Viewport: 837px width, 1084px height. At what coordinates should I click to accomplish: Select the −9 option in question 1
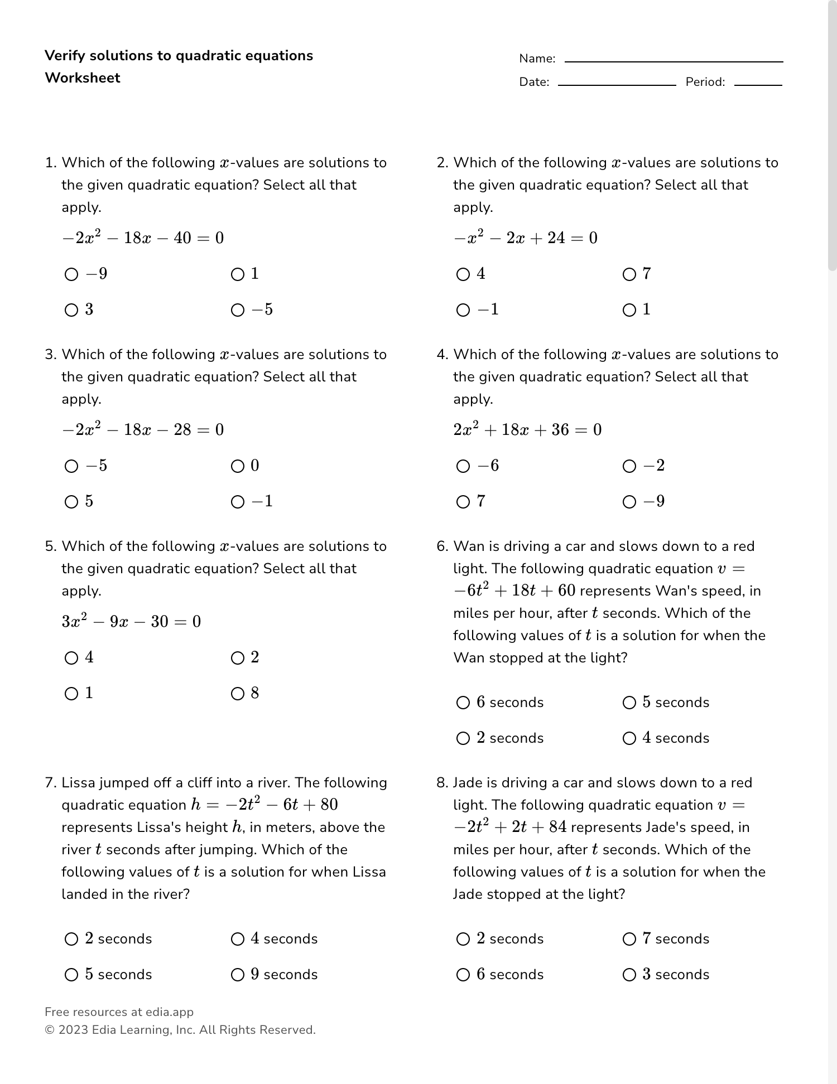[71, 274]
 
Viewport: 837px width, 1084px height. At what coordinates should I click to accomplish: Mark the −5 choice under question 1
[238, 310]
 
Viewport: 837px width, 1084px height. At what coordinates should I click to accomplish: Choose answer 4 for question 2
[463, 274]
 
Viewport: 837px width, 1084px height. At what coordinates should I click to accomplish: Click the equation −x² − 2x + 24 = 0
[525, 238]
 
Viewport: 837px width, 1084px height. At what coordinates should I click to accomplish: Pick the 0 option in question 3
[238, 466]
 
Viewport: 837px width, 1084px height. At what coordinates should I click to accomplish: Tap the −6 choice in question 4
[463, 466]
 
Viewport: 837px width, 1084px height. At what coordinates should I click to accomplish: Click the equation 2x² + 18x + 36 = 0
[527, 430]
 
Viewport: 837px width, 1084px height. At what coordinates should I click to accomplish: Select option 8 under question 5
[238, 694]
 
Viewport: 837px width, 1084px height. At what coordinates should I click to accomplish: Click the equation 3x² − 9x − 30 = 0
[131, 622]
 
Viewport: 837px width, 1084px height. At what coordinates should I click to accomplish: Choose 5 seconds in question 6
[629, 703]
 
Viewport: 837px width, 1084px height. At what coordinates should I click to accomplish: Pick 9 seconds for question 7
[238, 975]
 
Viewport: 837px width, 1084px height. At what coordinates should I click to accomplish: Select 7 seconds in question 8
[629, 939]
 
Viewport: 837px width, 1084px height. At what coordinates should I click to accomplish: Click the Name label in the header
[537, 59]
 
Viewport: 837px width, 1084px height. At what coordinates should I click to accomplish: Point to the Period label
[705, 82]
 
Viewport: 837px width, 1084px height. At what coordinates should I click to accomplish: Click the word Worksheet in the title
[83, 78]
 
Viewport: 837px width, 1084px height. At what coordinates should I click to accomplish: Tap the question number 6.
[441, 546]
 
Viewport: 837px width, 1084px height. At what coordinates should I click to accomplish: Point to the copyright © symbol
[49, 1030]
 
